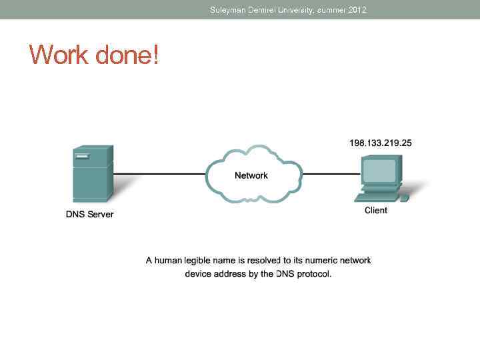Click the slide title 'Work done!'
click(94, 54)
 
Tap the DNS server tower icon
click(91, 173)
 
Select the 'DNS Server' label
click(89, 214)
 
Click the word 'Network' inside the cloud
click(251, 175)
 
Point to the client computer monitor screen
click(379, 171)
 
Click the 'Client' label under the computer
click(376, 210)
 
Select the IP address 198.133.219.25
click(381, 143)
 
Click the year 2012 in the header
click(357, 10)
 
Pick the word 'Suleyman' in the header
click(227, 10)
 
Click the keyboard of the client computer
click(378, 197)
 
